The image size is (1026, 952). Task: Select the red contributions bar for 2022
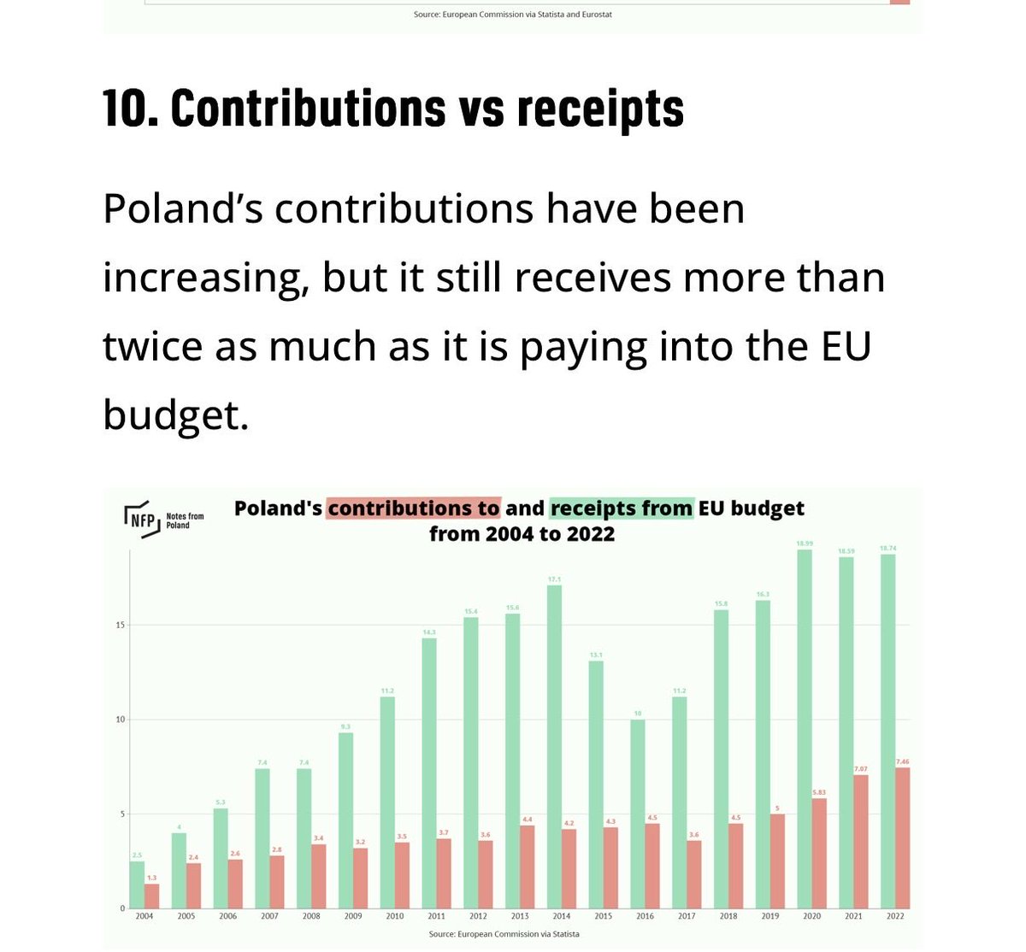[x=902, y=837]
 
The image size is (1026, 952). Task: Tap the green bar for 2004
[x=137, y=884]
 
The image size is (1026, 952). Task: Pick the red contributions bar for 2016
[x=652, y=865]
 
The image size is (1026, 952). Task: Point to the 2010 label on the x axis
[x=395, y=916]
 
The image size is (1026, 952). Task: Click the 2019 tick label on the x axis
[x=769, y=916]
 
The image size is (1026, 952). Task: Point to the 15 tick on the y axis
[x=121, y=626]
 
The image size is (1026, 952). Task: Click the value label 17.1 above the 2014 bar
[x=554, y=579]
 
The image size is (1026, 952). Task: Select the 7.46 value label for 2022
[x=902, y=761]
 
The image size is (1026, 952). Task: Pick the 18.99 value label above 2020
[x=805, y=544]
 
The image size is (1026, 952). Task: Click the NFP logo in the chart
[x=141, y=518]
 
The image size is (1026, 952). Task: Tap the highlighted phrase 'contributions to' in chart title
[x=413, y=508]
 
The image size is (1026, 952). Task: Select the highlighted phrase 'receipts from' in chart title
[x=622, y=508]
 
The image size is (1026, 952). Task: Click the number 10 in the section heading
[x=128, y=109]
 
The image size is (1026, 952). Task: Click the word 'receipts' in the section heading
[x=600, y=109]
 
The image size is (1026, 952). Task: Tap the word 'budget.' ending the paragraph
[x=175, y=414]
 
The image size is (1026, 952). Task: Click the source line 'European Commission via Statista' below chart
[x=504, y=934]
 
